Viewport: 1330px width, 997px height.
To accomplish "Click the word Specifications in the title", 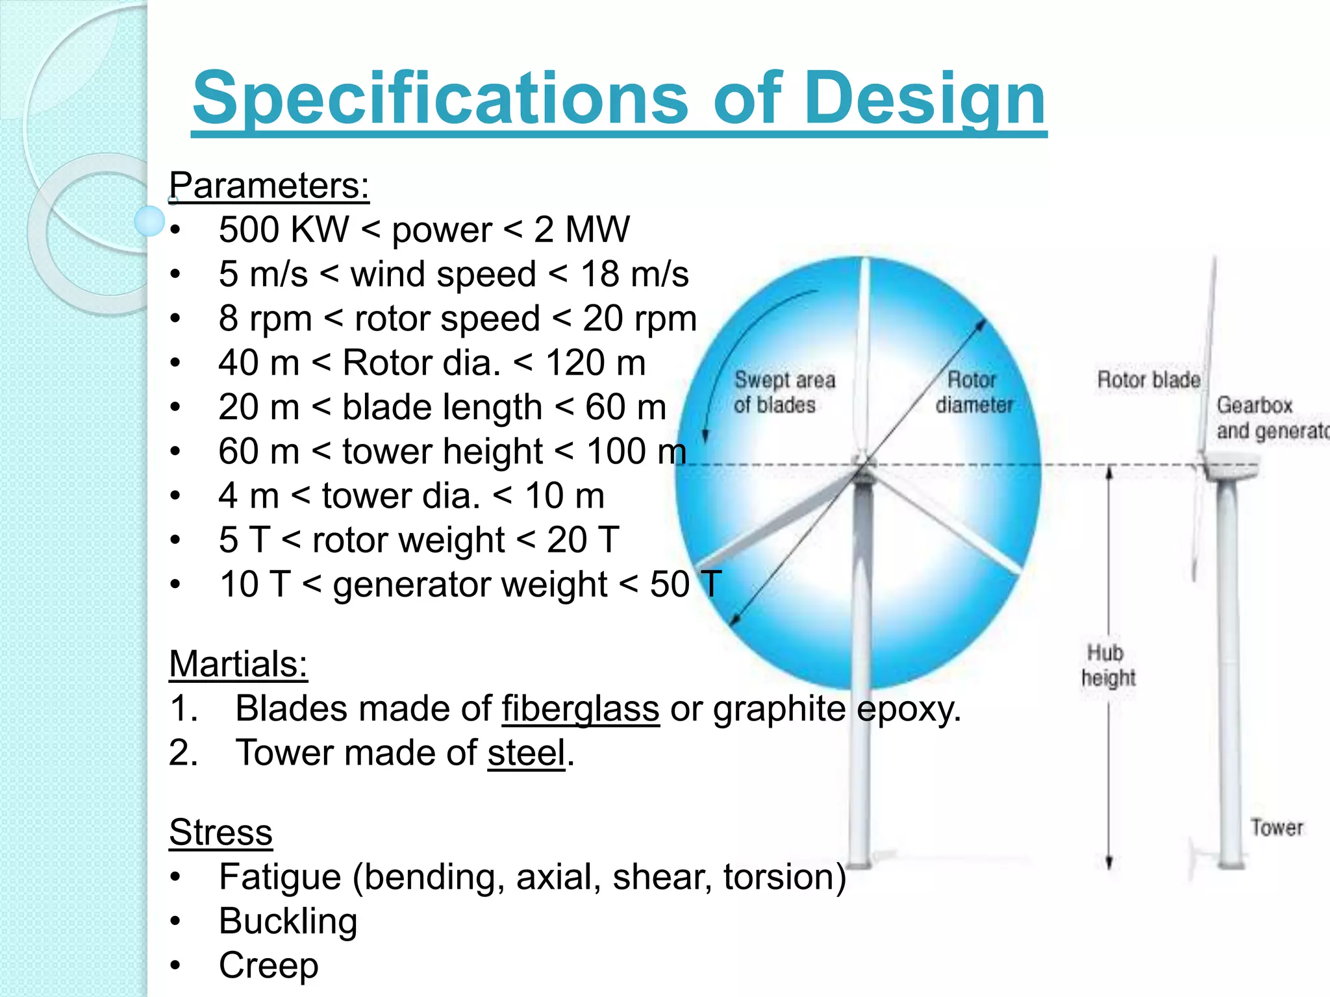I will tap(440, 99).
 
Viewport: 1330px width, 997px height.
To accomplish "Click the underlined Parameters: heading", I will tap(269, 186).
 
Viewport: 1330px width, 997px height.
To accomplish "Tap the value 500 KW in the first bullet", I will tap(284, 229).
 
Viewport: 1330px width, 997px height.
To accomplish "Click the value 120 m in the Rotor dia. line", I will tap(596, 362).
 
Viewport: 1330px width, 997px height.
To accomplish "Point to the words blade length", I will tap(442, 407).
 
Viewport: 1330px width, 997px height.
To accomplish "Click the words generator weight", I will tap(470, 584).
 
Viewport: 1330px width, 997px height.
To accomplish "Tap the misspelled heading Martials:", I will tap(238, 664).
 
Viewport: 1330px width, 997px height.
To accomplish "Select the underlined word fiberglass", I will tap(581, 708).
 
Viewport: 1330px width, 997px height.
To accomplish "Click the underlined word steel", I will tap(527, 753).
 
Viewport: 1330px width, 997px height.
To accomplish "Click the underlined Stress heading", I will tap(221, 833).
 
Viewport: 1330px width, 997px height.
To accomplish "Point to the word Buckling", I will tap(288, 921).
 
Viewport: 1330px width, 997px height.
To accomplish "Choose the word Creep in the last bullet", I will tap(269, 965).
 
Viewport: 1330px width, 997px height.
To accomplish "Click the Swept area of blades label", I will tap(784, 392).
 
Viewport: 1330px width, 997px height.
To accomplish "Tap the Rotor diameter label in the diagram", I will tap(973, 392).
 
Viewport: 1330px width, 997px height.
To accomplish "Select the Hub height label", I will tap(1108, 665).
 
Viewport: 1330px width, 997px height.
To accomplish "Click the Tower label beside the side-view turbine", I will tap(1277, 828).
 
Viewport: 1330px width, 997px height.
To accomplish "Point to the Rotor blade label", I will tap(1148, 380).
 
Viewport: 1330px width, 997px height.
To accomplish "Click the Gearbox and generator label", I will tap(1270, 418).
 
